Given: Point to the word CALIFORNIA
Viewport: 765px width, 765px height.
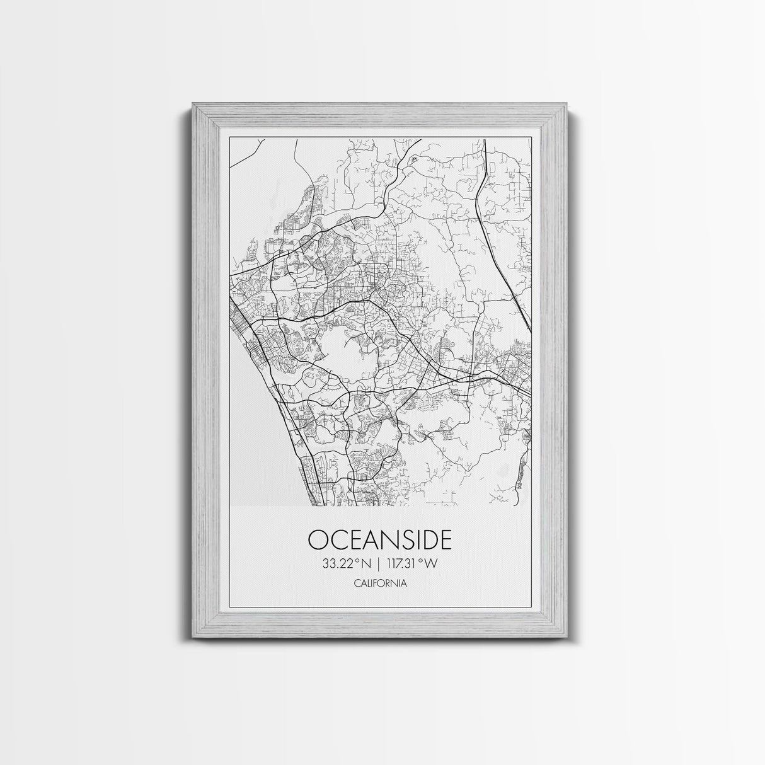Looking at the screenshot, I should pos(379,583).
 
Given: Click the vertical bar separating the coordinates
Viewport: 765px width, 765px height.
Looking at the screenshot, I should pos(379,563).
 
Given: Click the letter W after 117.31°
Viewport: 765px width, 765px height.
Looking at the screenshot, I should pos(430,563).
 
